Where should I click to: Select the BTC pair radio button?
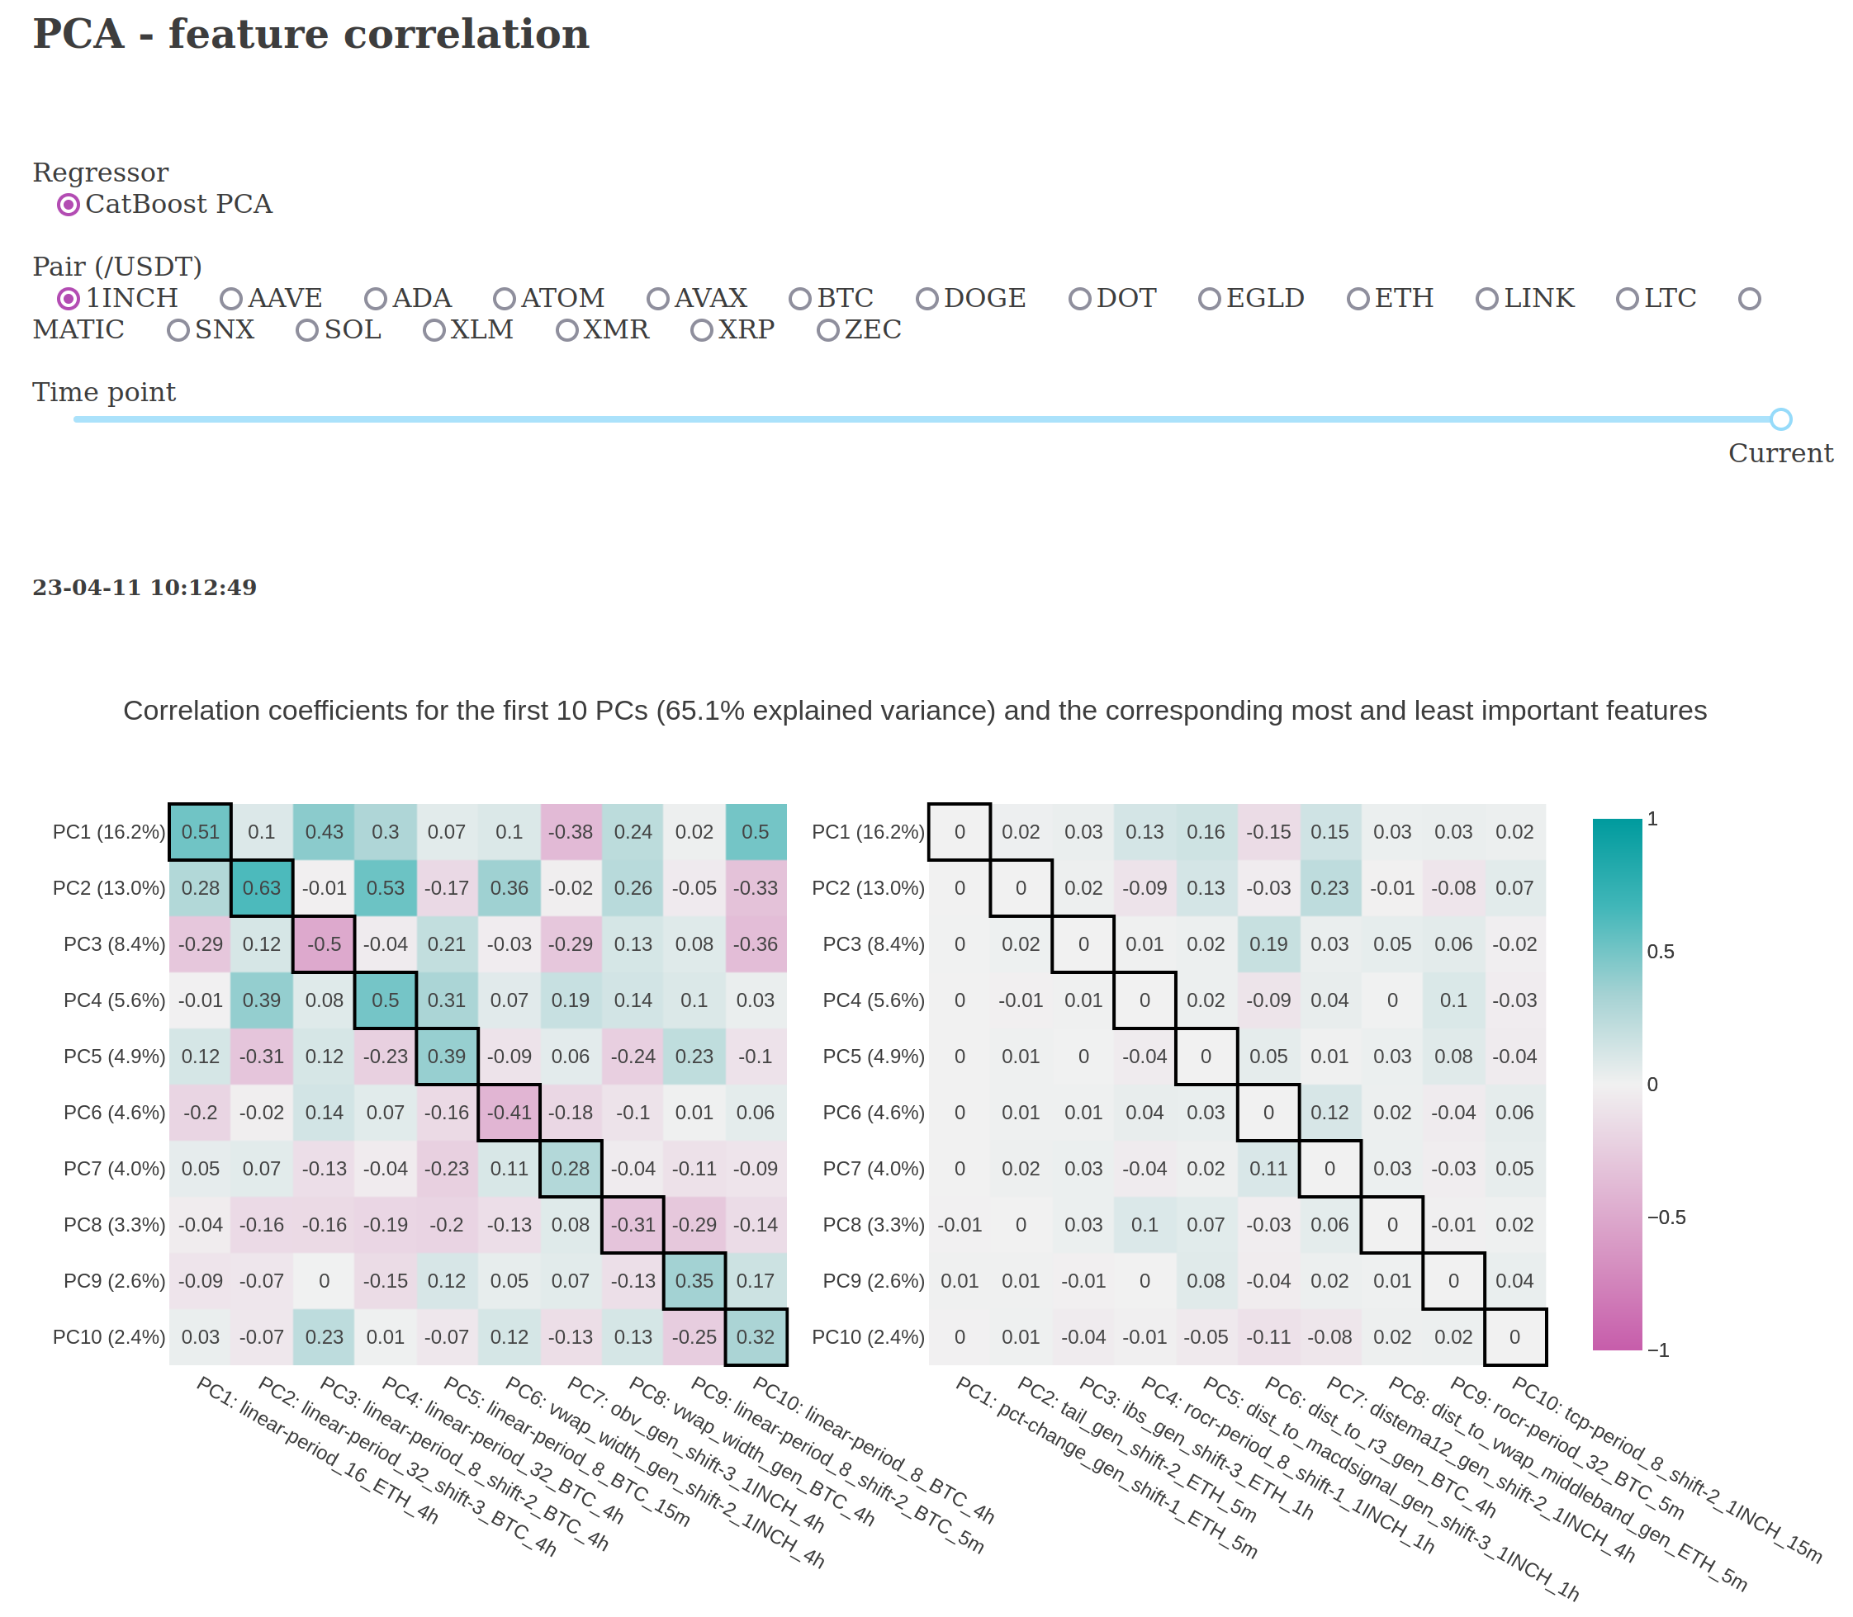799,299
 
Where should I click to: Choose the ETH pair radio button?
1358,299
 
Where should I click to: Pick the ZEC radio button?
827,330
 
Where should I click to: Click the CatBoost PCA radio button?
69,205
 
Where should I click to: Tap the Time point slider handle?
1780,418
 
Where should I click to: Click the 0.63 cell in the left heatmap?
262,888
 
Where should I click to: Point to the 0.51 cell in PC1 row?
201,832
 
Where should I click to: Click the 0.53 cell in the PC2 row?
386,888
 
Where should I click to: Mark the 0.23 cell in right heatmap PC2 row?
1329,888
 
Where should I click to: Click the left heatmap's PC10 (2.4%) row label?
109,1336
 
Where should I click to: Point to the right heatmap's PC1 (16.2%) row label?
868,832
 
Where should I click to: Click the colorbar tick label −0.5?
1666,1217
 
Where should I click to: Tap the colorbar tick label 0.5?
1661,952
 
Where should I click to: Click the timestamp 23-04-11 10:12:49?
145,588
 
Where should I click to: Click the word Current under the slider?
1780,453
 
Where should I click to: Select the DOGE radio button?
927,299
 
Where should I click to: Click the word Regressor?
100,173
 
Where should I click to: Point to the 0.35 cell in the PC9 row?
694,1280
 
